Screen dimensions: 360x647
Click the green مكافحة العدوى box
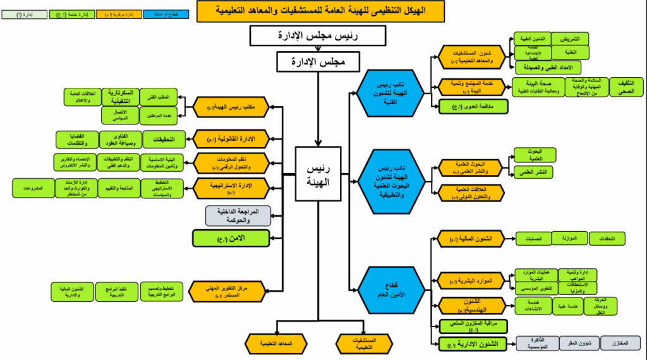[473, 107]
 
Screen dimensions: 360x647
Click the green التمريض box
[570, 39]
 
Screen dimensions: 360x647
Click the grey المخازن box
[620, 343]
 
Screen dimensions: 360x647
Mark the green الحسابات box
[533, 239]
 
